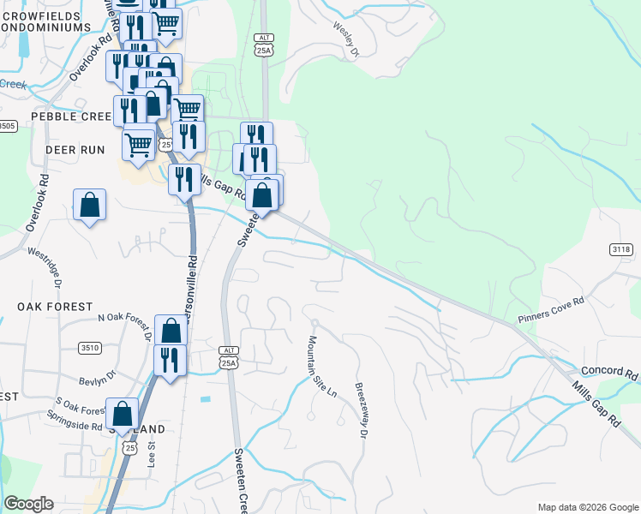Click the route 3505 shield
[7, 126]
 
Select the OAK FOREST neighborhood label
[55, 307]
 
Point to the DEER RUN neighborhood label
[75, 149]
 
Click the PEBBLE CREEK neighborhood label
[71, 116]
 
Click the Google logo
[28, 504]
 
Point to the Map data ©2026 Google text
[588, 507]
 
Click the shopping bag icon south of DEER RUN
[89, 206]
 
